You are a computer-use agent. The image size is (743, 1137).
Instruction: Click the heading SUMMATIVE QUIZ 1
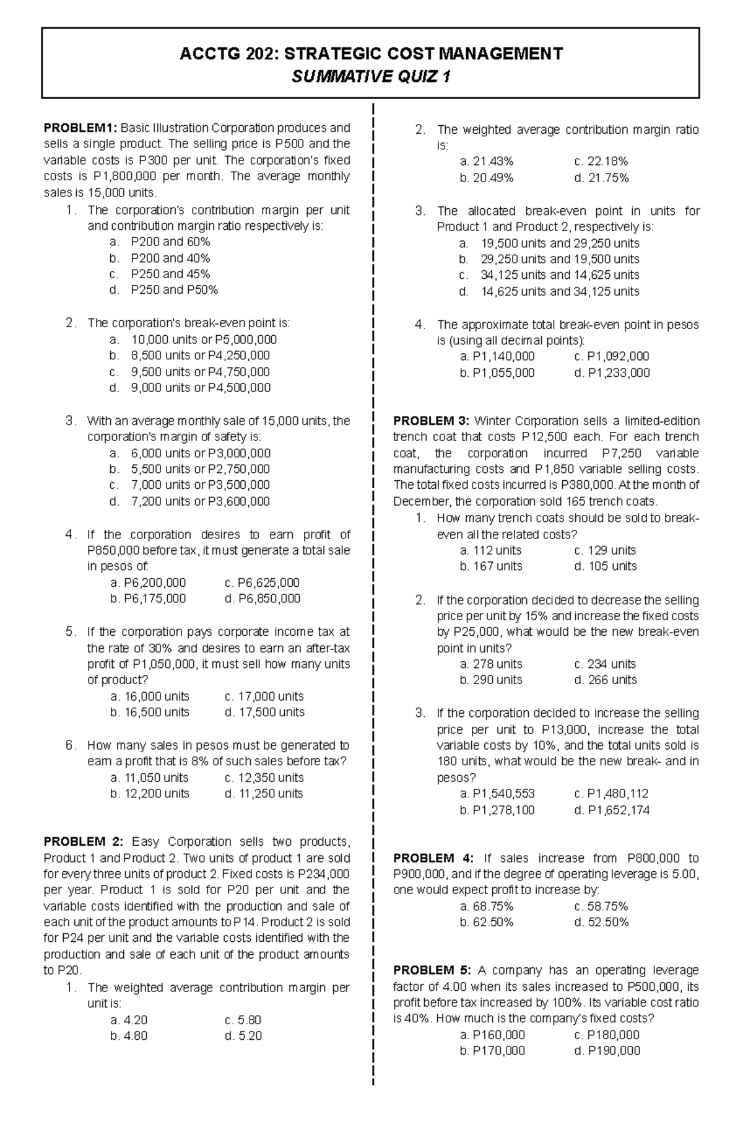(x=370, y=76)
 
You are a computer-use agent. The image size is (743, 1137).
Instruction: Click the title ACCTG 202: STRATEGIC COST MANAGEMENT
(x=370, y=53)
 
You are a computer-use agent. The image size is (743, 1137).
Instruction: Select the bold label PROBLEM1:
(x=80, y=128)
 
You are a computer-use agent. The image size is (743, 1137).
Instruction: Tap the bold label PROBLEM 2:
(x=83, y=841)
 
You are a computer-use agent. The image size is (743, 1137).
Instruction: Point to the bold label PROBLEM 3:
(x=431, y=421)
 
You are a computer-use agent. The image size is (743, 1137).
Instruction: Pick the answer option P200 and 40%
(x=170, y=258)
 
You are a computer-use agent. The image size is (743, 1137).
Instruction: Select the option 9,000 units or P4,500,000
(x=200, y=388)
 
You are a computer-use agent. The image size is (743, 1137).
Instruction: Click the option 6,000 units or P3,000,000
(x=200, y=453)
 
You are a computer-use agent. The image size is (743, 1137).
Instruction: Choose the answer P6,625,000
(x=263, y=582)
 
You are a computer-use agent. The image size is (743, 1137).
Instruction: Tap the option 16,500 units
(x=150, y=712)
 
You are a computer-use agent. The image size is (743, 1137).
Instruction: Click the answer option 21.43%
(x=487, y=161)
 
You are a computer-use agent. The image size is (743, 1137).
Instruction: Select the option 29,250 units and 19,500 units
(x=559, y=259)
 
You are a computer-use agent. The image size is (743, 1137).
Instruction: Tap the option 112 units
(x=491, y=550)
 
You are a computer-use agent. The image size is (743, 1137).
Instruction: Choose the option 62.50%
(x=487, y=922)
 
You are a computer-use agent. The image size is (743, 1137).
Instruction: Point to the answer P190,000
(x=607, y=1050)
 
